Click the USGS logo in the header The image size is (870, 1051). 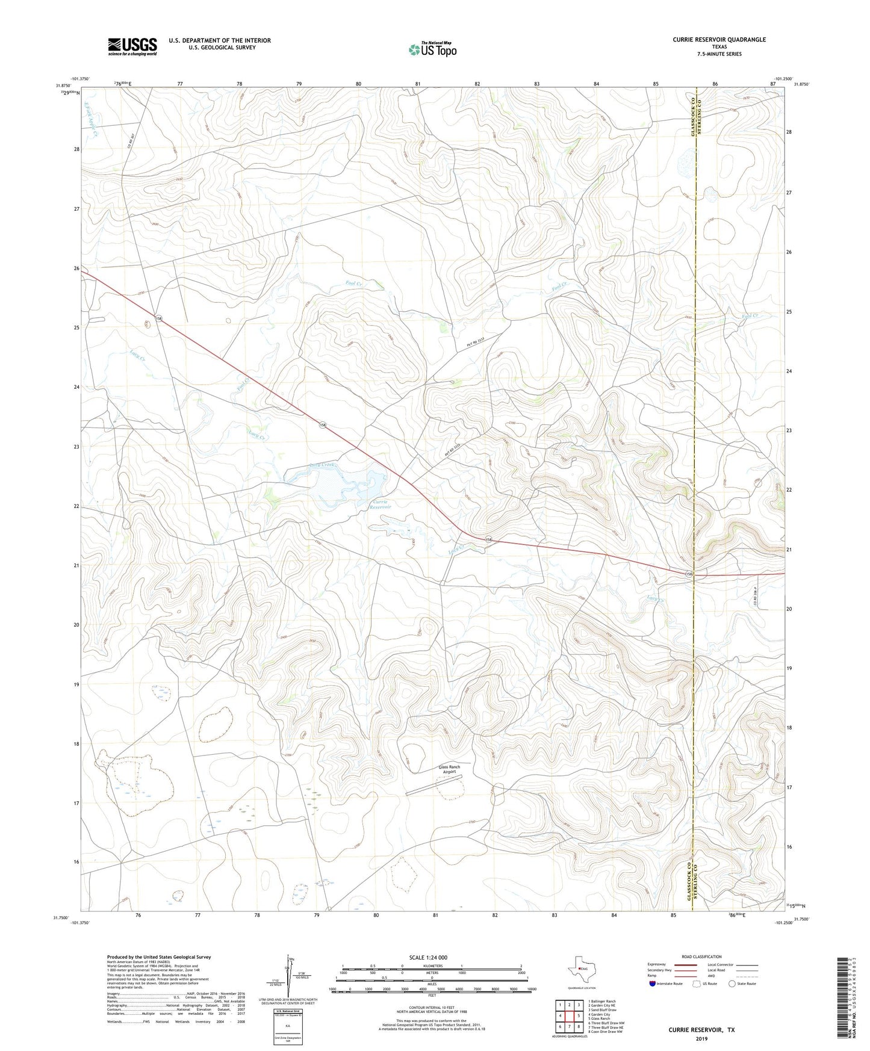[132, 46]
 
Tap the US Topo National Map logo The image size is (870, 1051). [432, 49]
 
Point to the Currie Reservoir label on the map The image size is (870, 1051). [380, 504]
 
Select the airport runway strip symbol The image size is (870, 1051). [433, 785]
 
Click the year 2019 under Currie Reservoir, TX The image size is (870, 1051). [701, 1038]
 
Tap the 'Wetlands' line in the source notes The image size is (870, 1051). [176, 1022]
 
